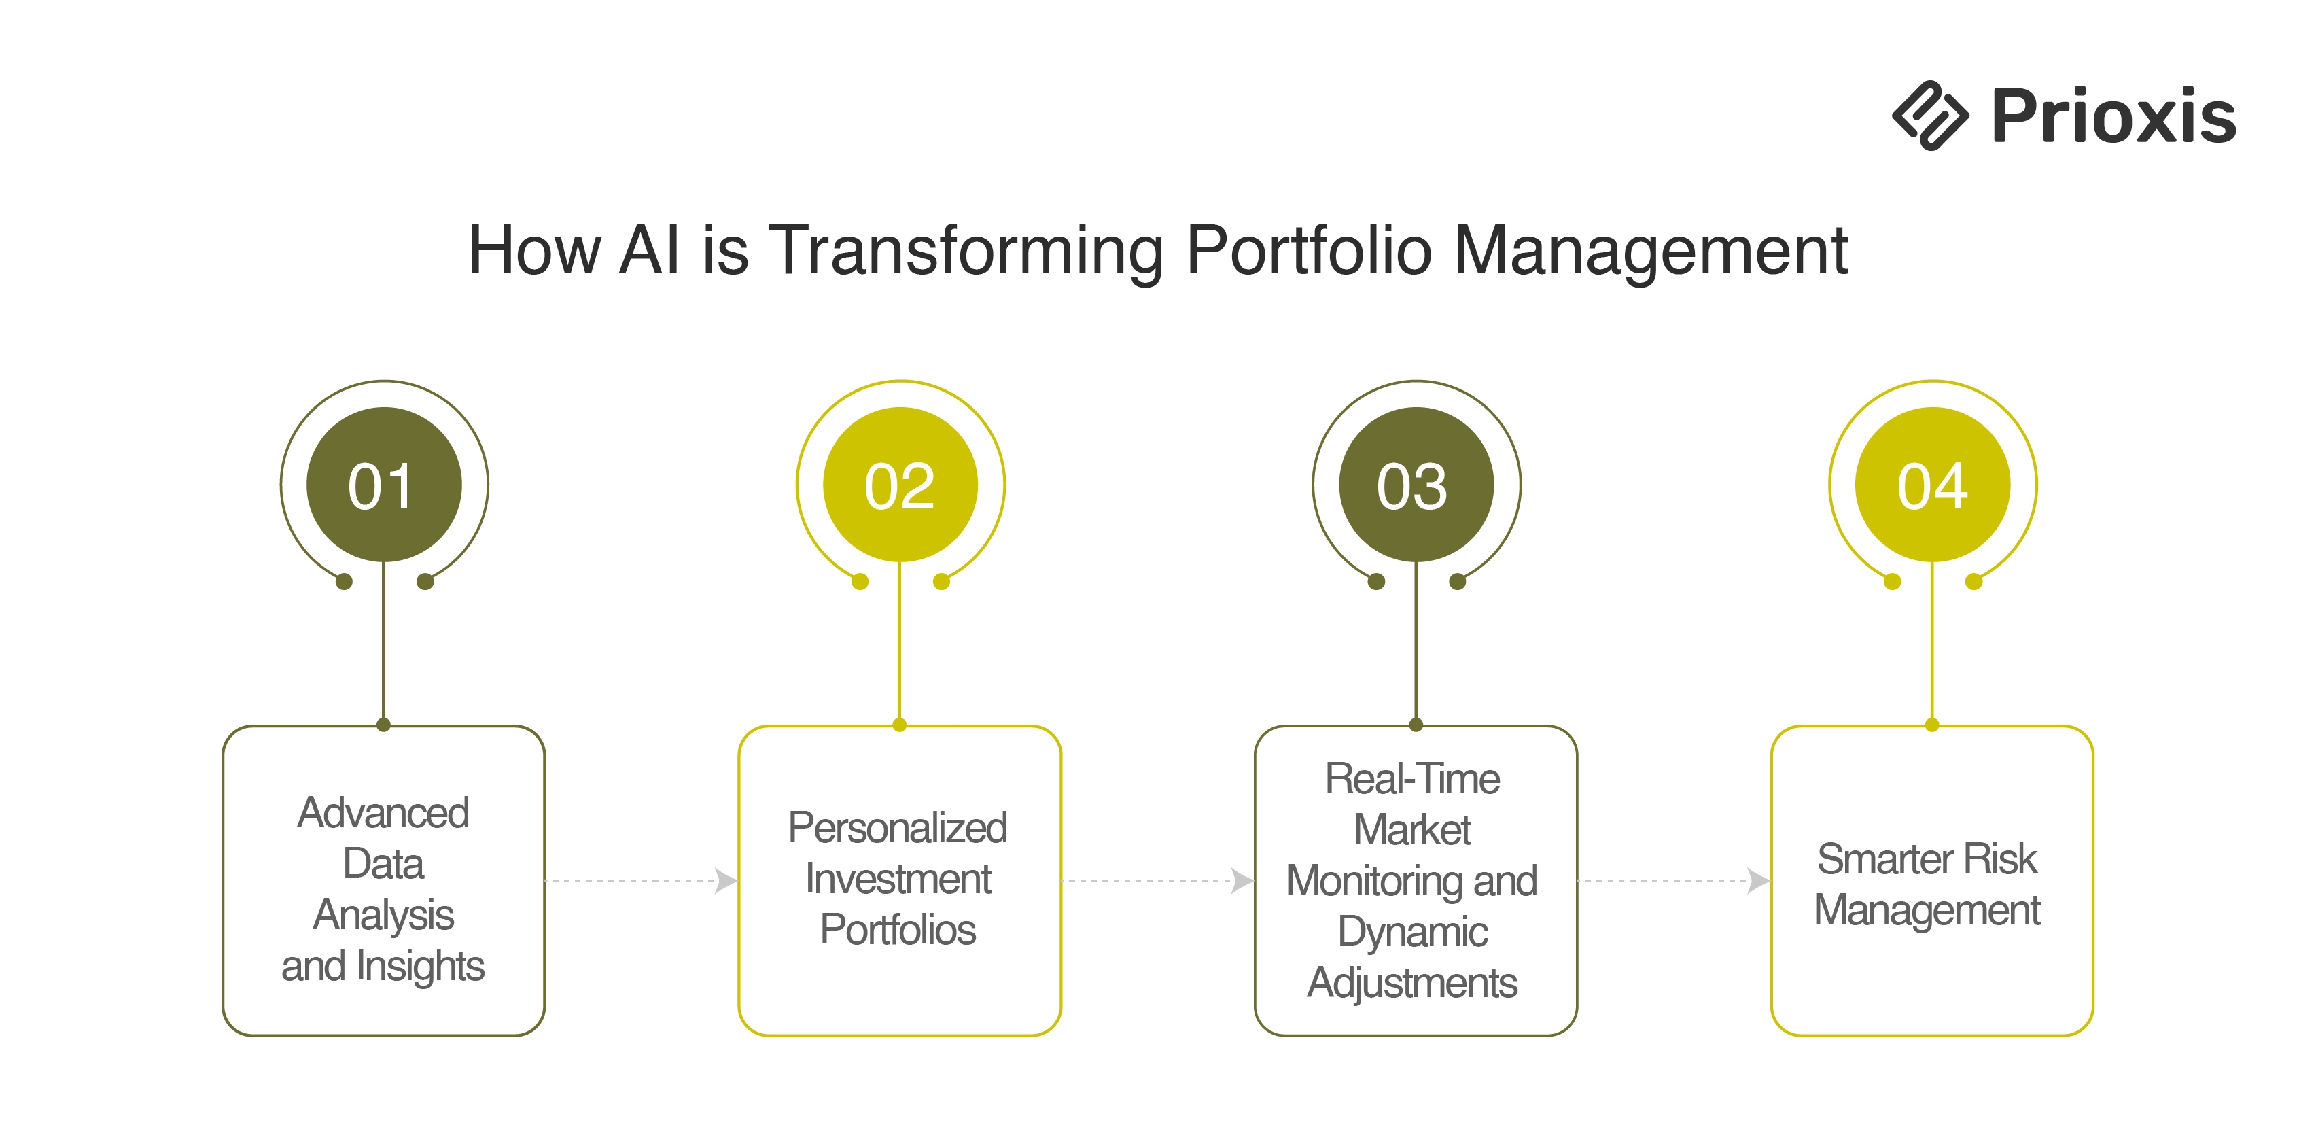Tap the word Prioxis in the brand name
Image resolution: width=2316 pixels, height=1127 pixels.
[2113, 117]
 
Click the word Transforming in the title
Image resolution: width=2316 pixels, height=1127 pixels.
[966, 251]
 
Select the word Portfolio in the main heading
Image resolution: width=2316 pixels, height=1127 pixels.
[1308, 251]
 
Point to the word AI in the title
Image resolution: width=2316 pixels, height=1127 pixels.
[649, 251]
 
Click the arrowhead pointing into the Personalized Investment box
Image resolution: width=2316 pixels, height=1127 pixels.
[726, 880]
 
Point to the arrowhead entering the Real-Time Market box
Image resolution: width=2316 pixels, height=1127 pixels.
[1242, 880]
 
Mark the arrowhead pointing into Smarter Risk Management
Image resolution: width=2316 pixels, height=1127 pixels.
[1759, 880]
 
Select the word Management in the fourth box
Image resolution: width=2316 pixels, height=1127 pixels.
[1927, 910]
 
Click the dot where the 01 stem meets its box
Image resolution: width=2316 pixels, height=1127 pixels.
[384, 725]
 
